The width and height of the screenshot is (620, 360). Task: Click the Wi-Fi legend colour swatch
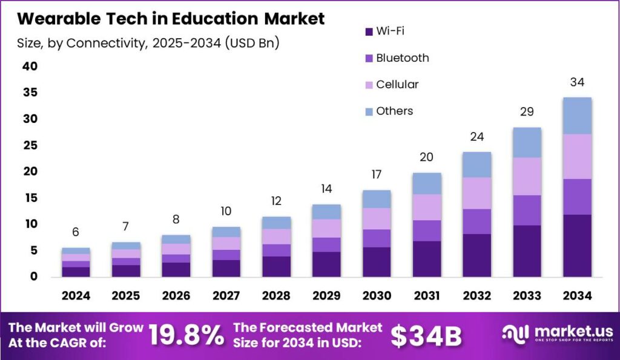pos(369,31)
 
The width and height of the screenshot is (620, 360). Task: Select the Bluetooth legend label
pos(402,58)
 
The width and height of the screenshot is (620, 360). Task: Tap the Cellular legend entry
pos(397,85)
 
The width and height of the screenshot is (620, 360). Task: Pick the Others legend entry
pos(394,111)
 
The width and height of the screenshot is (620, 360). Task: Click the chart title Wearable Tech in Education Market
pos(171,19)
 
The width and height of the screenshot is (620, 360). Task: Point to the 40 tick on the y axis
pos(30,66)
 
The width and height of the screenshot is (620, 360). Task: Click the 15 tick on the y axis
pos(30,198)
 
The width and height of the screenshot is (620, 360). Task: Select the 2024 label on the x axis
pos(76,296)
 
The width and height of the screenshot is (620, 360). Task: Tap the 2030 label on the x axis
pos(377,296)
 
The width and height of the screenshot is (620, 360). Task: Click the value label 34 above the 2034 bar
pos(577,82)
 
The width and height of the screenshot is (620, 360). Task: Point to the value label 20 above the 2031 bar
pos(427,157)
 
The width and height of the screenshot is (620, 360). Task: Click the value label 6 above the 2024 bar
pos(76,232)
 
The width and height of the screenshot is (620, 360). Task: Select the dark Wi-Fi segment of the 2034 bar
pos(577,246)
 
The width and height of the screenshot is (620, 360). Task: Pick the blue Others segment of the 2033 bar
pos(527,143)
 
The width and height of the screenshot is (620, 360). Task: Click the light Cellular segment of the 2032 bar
pos(477,193)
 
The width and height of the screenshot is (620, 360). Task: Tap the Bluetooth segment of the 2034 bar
pos(577,197)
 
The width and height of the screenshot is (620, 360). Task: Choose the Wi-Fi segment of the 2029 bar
pos(327,264)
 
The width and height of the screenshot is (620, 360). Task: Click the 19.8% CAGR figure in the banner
pos(186,336)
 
